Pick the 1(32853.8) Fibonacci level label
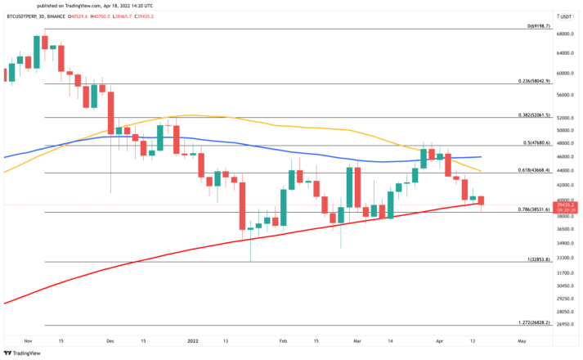point(535,259)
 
